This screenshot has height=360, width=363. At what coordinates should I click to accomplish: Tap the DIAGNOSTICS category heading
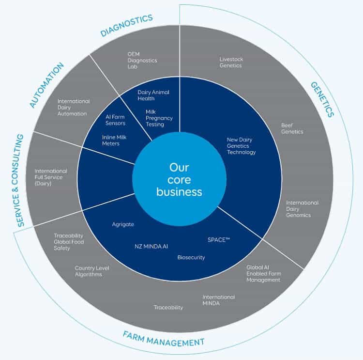click(x=127, y=26)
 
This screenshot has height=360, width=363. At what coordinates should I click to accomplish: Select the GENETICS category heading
click(x=322, y=99)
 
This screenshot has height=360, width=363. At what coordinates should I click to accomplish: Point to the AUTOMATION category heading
click(x=46, y=85)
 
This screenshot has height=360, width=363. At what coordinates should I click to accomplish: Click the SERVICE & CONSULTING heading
click(x=20, y=181)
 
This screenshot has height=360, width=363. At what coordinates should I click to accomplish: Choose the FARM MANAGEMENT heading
click(x=163, y=339)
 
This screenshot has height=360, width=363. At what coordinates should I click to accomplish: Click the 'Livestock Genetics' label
click(x=231, y=63)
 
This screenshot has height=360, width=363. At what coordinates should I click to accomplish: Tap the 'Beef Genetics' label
click(x=292, y=128)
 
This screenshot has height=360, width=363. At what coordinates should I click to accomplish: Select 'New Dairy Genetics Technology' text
click(x=241, y=146)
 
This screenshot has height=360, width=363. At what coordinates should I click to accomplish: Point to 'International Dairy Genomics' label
click(x=302, y=209)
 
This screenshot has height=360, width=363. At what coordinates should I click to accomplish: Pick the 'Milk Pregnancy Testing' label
click(x=159, y=118)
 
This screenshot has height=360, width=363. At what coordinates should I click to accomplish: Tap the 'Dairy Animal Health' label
click(x=153, y=95)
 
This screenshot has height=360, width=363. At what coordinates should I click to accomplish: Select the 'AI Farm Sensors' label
click(x=115, y=120)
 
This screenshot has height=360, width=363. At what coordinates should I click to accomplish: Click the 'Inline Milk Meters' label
click(x=115, y=140)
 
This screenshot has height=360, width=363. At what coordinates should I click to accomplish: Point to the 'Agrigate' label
click(x=123, y=224)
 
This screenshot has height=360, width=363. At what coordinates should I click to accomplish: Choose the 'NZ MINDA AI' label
click(x=151, y=246)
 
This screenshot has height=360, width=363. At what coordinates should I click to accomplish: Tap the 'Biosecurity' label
click(x=191, y=257)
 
